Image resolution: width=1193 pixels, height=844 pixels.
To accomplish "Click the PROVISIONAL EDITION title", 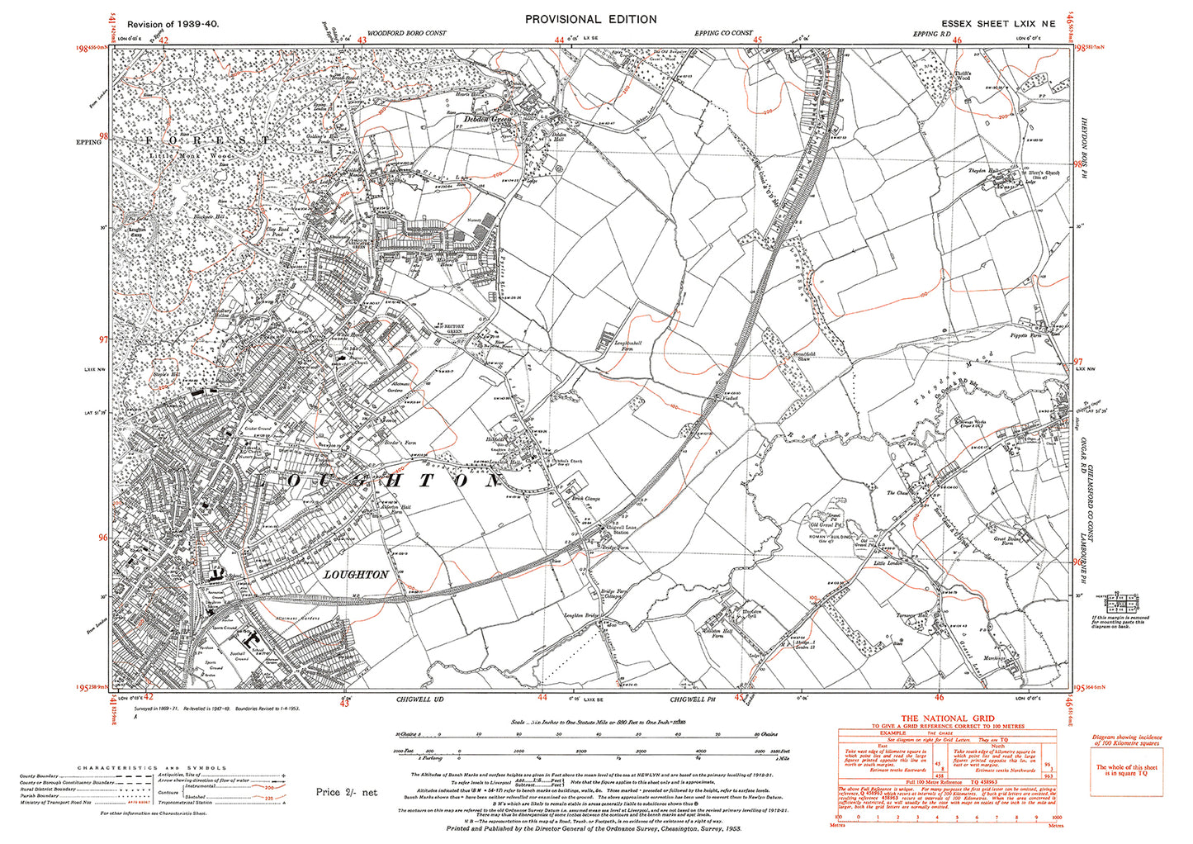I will (590, 19).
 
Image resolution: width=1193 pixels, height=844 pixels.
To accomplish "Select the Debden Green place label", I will (487, 120).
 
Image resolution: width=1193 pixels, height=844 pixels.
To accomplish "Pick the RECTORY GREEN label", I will (453, 327).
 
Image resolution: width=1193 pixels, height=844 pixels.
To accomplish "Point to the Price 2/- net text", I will (346, 792).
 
